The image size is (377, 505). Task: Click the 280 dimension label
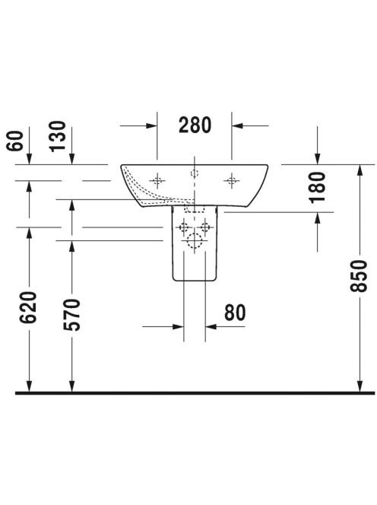point(195,125)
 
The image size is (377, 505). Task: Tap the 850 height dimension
point(359,276)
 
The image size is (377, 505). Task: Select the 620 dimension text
point(28,307)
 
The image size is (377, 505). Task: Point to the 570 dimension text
point(71,315)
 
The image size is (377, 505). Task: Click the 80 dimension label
point(235,313)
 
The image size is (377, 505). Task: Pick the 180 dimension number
point(317,187)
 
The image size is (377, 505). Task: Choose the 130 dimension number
point(57,136)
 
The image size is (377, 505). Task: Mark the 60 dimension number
point(14,141)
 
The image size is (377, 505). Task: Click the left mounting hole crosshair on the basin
point(157,181)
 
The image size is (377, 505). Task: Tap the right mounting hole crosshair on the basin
point(232,181)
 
